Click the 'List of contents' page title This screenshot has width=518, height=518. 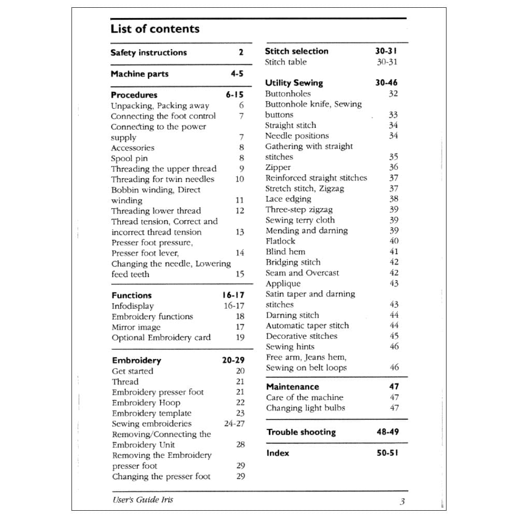point(155,29)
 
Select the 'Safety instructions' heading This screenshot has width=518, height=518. point(149,52)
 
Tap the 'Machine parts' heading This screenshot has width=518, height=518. point(139,74)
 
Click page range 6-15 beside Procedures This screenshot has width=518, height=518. point(234,95)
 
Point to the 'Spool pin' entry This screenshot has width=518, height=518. point(129,158)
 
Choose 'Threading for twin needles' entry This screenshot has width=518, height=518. point(162,179)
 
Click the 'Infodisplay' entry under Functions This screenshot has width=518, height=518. point(133,306)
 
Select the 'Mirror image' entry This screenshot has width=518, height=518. point(136,327)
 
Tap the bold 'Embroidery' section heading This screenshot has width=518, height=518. point(136,360)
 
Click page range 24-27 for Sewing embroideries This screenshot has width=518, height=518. point(234,423)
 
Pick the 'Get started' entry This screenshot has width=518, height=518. point(133,371)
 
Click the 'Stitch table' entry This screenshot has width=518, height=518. point(285,62)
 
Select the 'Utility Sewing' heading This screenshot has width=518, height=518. point(294,83)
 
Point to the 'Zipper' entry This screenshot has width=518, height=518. point(278,167)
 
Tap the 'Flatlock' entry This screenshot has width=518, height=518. point(280,241)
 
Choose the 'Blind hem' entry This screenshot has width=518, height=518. point(285,251)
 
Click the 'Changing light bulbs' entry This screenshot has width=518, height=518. point(305,408)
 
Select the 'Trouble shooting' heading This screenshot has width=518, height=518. point(301,432)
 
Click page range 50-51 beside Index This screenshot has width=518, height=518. point(387,453)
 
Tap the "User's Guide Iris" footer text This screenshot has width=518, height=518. point(142,499)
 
